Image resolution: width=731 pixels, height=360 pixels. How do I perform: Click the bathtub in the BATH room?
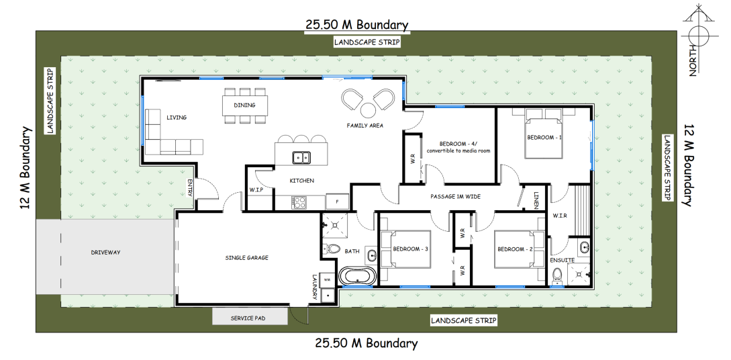coord(357,276)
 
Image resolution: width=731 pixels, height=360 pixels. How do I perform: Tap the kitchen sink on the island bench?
coord(301,158)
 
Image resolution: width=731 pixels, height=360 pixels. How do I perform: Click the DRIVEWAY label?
coord(105,253)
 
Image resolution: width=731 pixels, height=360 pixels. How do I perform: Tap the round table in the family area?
coord(368,110)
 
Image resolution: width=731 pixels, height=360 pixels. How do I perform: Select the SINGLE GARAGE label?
coord(246,257)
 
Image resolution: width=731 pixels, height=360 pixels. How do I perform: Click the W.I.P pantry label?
coord(257,190)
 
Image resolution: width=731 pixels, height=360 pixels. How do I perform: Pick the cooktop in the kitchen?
coord(299,202)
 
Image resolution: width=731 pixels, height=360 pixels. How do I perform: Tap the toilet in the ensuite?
coord(556,276)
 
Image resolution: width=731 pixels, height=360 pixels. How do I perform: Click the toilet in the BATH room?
coord(333,249)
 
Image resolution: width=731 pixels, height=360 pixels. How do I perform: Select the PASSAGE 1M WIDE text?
coord(455,197)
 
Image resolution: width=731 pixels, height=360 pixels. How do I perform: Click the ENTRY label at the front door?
coord(190,187)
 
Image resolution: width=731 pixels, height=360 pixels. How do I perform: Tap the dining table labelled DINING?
coord(245,105)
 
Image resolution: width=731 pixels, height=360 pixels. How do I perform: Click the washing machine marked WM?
coord(328,280)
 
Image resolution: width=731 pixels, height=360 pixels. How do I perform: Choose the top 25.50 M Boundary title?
coord(356,24)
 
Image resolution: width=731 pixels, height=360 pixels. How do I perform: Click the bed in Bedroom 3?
coord(405,249)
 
